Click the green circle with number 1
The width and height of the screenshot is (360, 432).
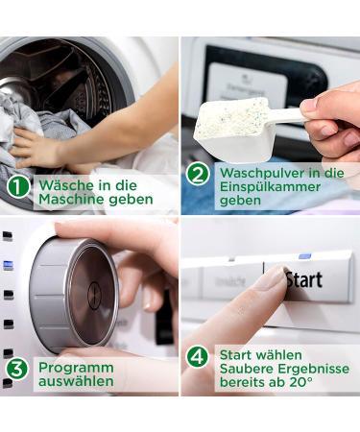[x=18, y=185]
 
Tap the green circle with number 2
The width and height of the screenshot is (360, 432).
[x=197, y=174]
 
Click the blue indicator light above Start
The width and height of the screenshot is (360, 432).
[x=304, y=257]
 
